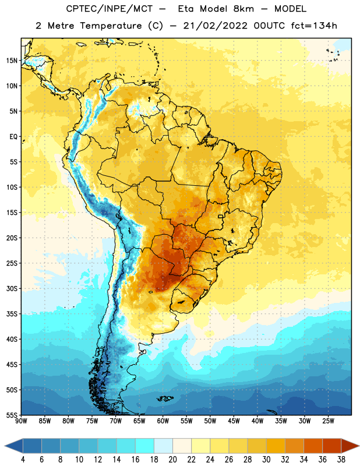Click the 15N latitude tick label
tap(12, 61)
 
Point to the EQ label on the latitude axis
tap(13, 137)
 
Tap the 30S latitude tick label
tap(12, 288)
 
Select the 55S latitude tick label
tap(12, 415)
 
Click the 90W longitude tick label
tap(21, 421)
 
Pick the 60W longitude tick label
tap(163, 421)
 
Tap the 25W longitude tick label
tap(328, 421)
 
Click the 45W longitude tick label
tap(234, 421)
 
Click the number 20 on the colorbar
tap(172, 460)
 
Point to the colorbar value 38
tap(341, 460)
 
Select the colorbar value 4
tap(23, 460)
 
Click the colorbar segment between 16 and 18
tap(145, 446)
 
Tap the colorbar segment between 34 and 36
tap(313, 446)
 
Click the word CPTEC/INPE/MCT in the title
tap(110, 9)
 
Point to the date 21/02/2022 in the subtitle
tap(215, 26)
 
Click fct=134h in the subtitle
tap(314, 26)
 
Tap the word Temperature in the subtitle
tap(111, 26)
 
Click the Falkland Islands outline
tap(165, 398)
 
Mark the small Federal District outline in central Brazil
tap(221, 216)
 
